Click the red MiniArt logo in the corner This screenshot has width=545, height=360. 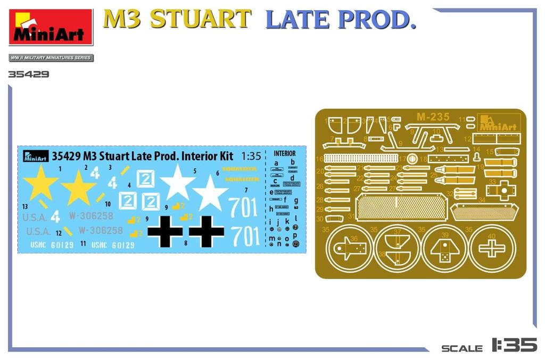tap(51, 27)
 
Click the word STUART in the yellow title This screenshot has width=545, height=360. tap(200, 20)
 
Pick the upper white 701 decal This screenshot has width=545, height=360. tap(243, 207)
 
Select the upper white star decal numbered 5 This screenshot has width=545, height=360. tap(177, 182)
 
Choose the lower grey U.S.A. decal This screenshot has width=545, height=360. tap(38, 232)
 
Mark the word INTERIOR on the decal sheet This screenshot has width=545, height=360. tap(284, 153)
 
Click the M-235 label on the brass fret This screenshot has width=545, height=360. tap(433, 117)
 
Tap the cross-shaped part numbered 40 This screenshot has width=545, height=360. tap(491, 248)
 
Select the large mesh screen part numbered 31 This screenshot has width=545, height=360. tap(400, 207)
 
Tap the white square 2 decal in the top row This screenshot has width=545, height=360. tap(145, 179)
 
